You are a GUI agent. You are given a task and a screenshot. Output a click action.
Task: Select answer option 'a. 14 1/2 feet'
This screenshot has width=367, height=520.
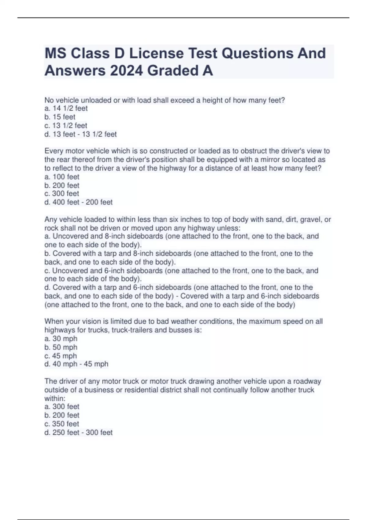click(x=66, y=108)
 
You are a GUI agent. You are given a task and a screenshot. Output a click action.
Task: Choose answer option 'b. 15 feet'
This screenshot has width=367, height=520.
click(x=60, y=117)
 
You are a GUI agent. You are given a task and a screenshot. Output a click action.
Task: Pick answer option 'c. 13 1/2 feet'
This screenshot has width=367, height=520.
click(x=66, y=125)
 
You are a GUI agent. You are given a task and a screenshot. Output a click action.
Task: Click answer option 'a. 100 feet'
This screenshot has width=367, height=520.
click(x=62, y=177)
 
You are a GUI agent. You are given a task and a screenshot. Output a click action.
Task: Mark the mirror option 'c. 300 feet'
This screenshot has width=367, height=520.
click(x=62, y=194)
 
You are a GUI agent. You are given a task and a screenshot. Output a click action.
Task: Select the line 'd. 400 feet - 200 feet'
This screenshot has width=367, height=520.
click(x=79, y=202)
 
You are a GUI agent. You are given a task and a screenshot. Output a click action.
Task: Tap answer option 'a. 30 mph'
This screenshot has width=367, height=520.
click(x=61, y=339)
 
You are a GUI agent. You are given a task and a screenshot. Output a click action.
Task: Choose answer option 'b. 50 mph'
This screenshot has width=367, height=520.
click(x=61, y=347)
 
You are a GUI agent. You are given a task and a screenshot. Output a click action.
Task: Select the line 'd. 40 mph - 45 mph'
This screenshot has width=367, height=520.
click(x=76, y=364)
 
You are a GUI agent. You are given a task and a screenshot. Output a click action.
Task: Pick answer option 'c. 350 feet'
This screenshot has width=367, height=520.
click(x=62, y=424)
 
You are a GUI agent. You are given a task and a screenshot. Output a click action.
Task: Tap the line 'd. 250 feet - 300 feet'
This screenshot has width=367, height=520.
click(x=79, y=433)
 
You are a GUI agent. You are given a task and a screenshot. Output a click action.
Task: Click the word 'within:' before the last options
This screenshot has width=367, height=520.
click(x=55, y=398)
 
